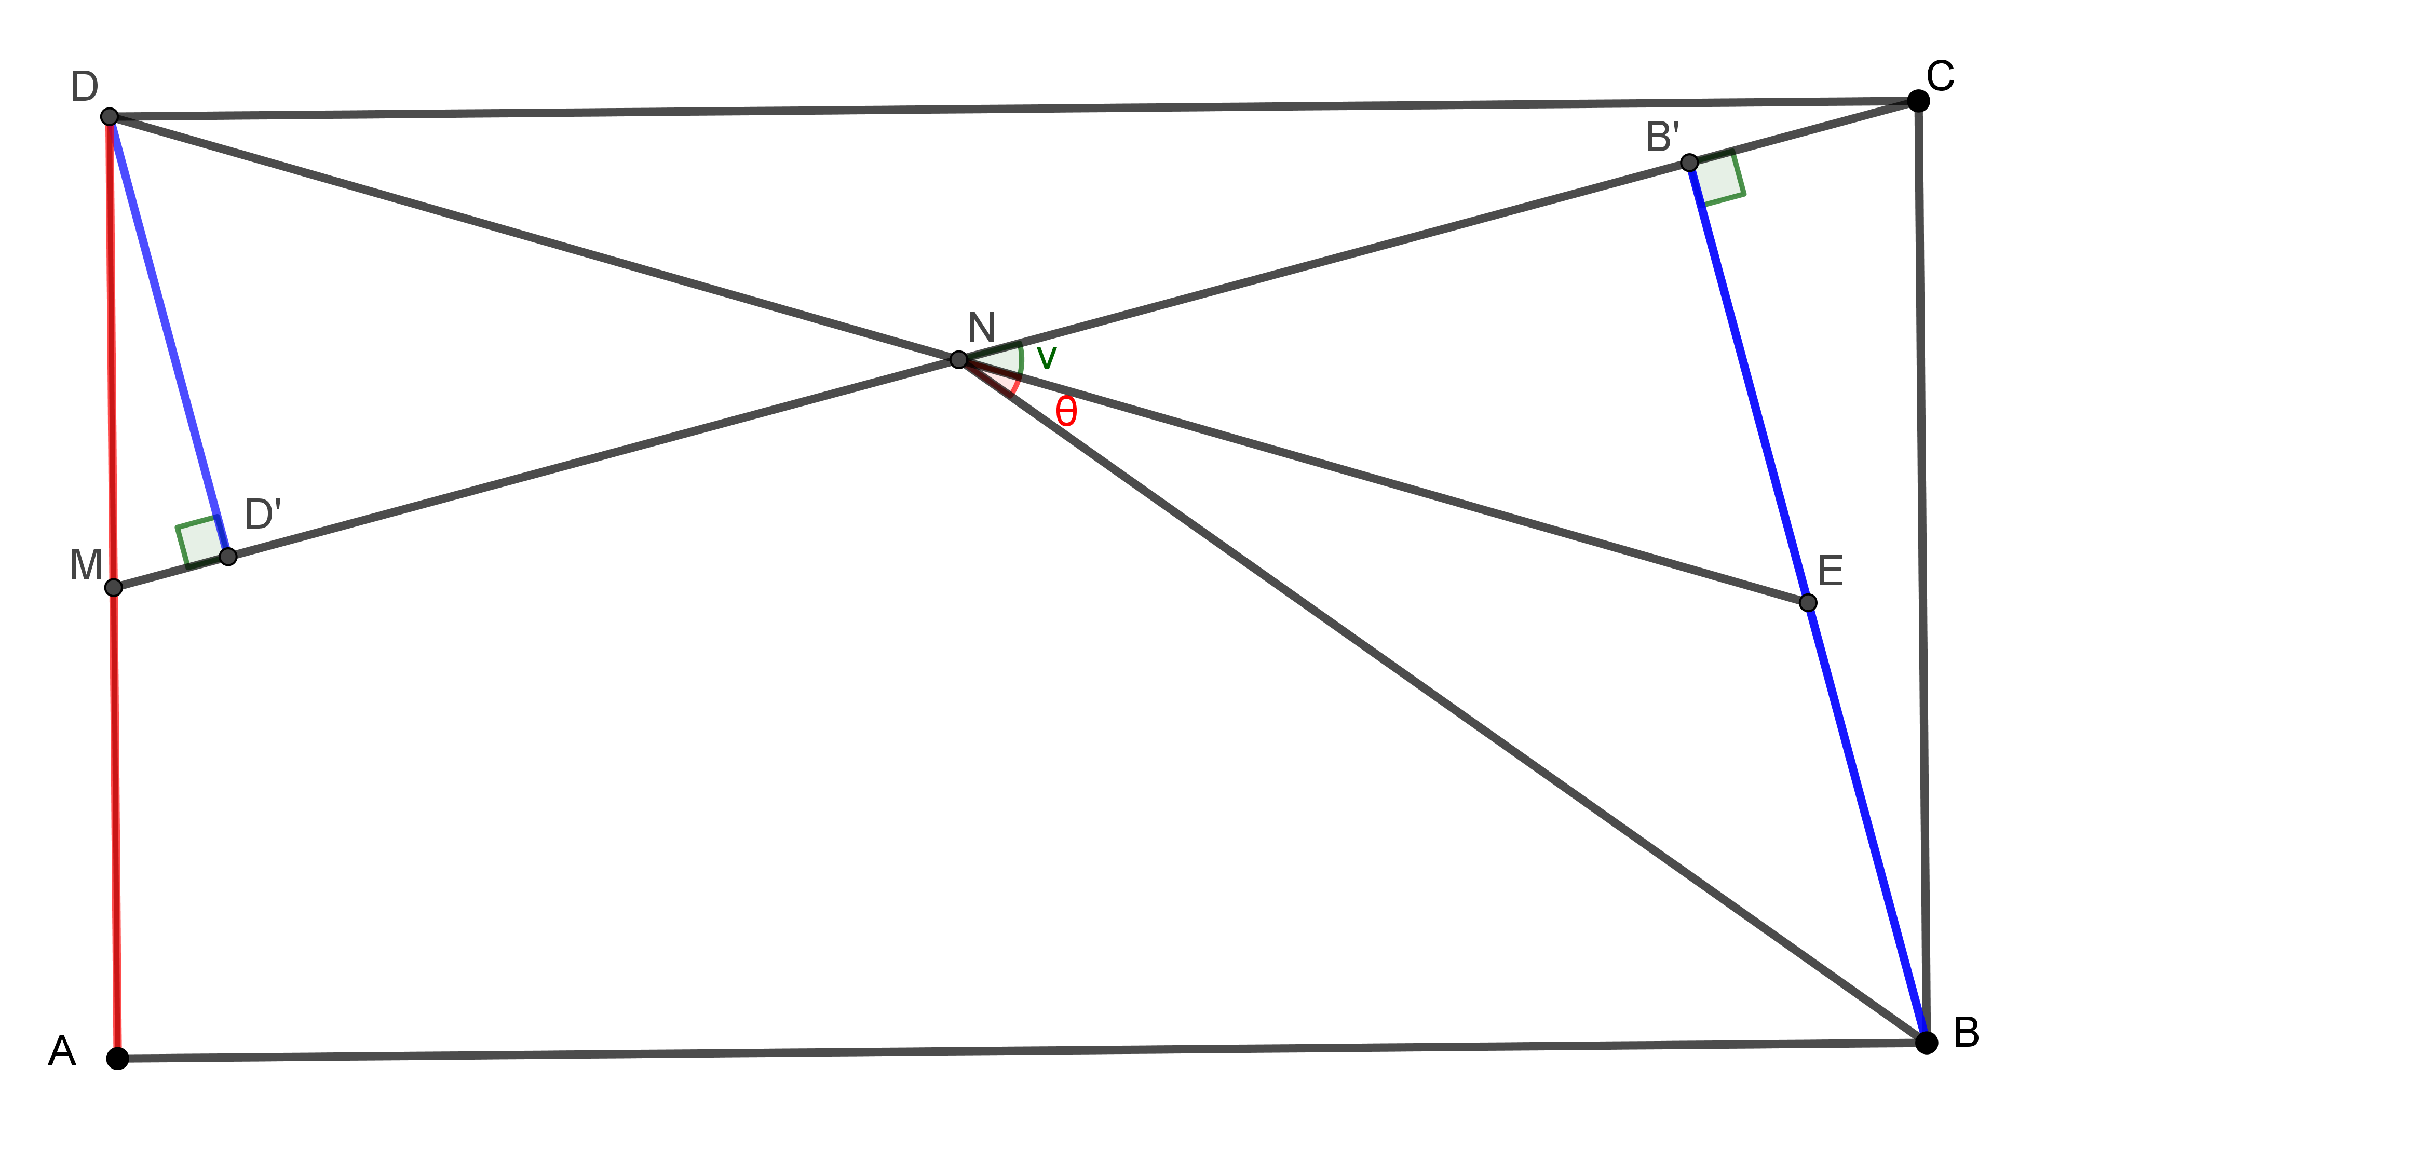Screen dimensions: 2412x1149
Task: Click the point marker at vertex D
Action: tap(110, 116)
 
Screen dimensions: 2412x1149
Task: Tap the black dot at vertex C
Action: tap(1918, 101)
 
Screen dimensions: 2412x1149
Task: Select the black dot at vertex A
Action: tap(117, 1058)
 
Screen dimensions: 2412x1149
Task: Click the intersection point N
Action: tap(958, 360)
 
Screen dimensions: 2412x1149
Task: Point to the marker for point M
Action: tap(113, 587)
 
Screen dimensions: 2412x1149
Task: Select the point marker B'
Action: tap(1689, 163)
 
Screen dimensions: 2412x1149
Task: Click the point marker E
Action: tap(1808, 602)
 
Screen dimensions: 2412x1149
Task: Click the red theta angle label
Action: tap(1065, 411)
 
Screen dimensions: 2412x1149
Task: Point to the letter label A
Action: tap(62, 1051)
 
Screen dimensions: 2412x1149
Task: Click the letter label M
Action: tap(86, 565)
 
